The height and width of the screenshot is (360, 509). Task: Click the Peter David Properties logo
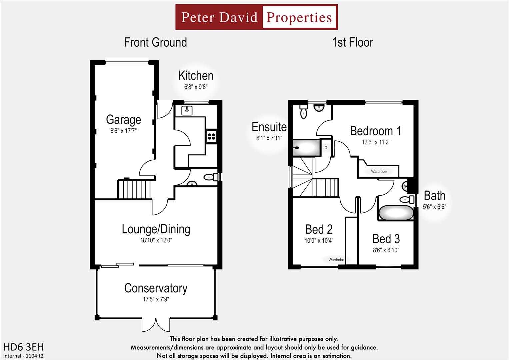(x=256, y=17)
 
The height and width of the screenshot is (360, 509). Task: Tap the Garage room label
(x=123, y=120)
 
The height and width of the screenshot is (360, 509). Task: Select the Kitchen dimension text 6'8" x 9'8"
(x=196, y=87)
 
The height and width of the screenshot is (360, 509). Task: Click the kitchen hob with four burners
(x=211, y=136)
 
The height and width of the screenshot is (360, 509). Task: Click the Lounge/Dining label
(x=156, y=229)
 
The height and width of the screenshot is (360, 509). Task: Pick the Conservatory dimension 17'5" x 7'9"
(x=156, y=299)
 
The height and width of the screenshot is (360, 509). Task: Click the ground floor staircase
(x=134, y=189)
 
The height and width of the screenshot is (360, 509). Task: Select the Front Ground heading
(x=155, y=42)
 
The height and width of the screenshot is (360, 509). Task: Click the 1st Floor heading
(x=352, y=42)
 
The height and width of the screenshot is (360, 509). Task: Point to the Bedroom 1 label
(x=375, y=131)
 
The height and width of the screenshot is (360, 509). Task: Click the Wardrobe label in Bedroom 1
(x=379, y=172)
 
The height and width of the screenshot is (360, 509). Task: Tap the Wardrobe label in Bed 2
(x=336, y=260)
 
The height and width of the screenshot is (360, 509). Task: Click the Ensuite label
(x=269, y=127)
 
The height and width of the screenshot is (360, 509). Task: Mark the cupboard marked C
(x=326, y=148)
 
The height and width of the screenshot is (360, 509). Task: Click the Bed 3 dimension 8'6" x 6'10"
(x=386, y=250)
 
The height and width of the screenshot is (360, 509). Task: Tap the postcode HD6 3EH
(x=23, y=347)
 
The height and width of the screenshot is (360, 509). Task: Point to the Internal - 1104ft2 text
(x=23, y=356)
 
